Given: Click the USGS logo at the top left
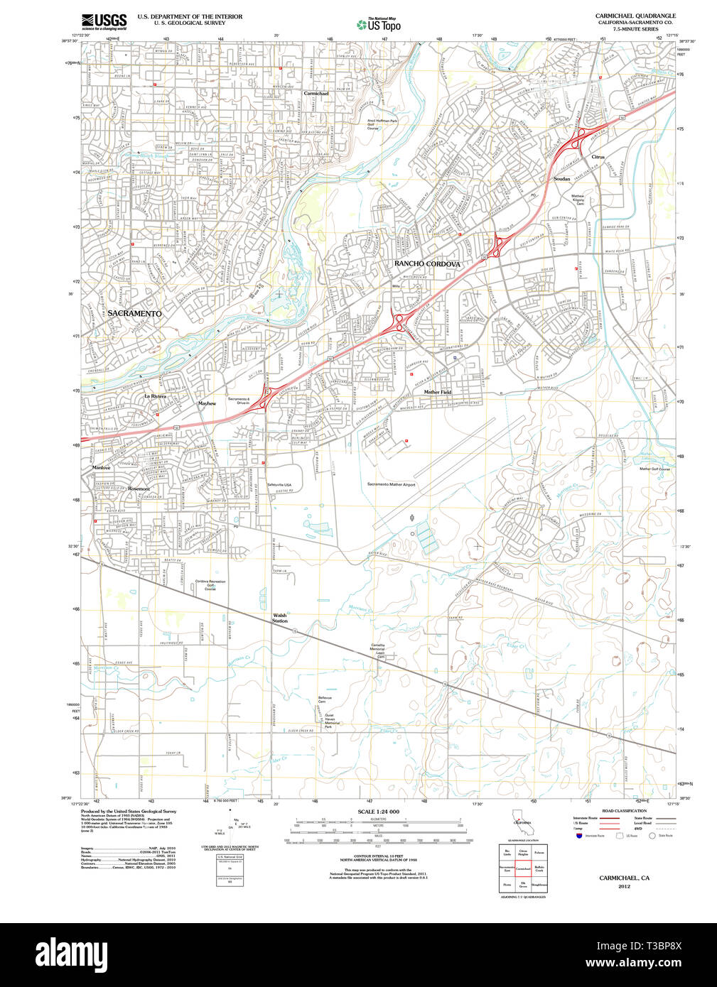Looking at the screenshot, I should (x=104, y=21).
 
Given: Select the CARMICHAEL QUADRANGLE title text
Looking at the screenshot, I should (x=635, y=15).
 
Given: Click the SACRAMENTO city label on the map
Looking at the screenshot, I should (x=135, y=313).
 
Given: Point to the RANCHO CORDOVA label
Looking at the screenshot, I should (x=427, y=263).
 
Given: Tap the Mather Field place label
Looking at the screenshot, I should (x=437, y=391).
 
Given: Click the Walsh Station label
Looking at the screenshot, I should (x=280, y=618).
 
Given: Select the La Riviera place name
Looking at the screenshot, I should (x=155, y=396).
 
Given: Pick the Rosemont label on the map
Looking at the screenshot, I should (x=139, y=489).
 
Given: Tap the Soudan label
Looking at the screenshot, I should (x=561, y=179).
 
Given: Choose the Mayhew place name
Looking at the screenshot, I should (x=207, y=403).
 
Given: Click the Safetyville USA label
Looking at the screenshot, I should (x=279, y=484).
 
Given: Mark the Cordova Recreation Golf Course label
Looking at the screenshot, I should (x=210, y=585).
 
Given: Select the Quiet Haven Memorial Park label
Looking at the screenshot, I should (x=332, y=721).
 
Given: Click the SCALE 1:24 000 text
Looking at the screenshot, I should (x=378, y=812).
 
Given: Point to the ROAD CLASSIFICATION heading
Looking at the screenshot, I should (x=624, y=811).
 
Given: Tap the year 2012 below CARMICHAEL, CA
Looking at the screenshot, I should (x=624, y=886).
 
